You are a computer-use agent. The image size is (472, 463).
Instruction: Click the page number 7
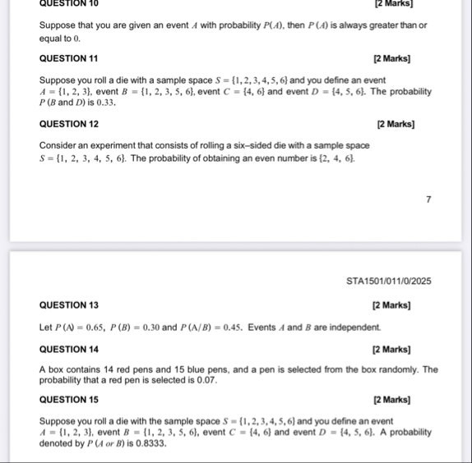tap(428, 197)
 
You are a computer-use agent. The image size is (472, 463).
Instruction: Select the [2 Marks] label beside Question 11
tap(394, 59)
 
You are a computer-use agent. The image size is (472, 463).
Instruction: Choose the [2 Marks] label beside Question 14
tap(394, 348)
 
